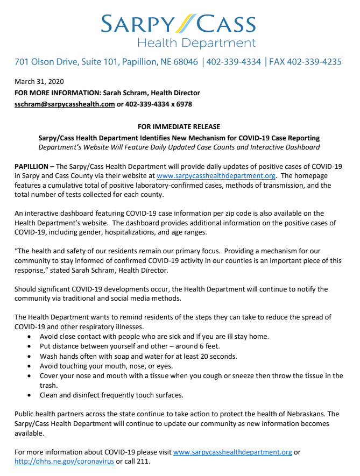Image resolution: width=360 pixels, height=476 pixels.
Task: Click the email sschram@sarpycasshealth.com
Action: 65,104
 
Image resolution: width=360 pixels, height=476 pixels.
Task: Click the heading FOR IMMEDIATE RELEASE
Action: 179,127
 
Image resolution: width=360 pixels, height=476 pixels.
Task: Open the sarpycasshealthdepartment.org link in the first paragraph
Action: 216,176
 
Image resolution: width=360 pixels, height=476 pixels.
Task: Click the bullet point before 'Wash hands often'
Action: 29,357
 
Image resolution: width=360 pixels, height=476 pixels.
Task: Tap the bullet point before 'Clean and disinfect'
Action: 29,395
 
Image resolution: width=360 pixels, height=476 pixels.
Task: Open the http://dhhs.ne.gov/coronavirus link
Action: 64,462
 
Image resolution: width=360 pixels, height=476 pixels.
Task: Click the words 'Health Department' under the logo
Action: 196,43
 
